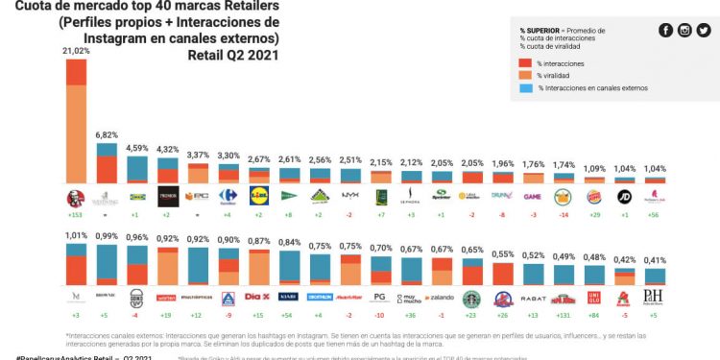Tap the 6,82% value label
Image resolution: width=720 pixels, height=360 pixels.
107,135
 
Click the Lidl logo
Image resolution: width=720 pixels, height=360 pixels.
259,196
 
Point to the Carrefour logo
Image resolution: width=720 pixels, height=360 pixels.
228,197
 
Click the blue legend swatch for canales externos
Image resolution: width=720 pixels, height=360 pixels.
526,88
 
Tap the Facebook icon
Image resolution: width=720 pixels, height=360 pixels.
665,30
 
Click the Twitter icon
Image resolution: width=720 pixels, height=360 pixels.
704,30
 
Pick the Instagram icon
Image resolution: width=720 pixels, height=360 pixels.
684,30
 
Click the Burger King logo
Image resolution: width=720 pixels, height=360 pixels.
594,197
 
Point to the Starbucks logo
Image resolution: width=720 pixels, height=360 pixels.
471,300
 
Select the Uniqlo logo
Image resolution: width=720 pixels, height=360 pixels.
594,300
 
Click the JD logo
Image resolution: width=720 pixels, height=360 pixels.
625,197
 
